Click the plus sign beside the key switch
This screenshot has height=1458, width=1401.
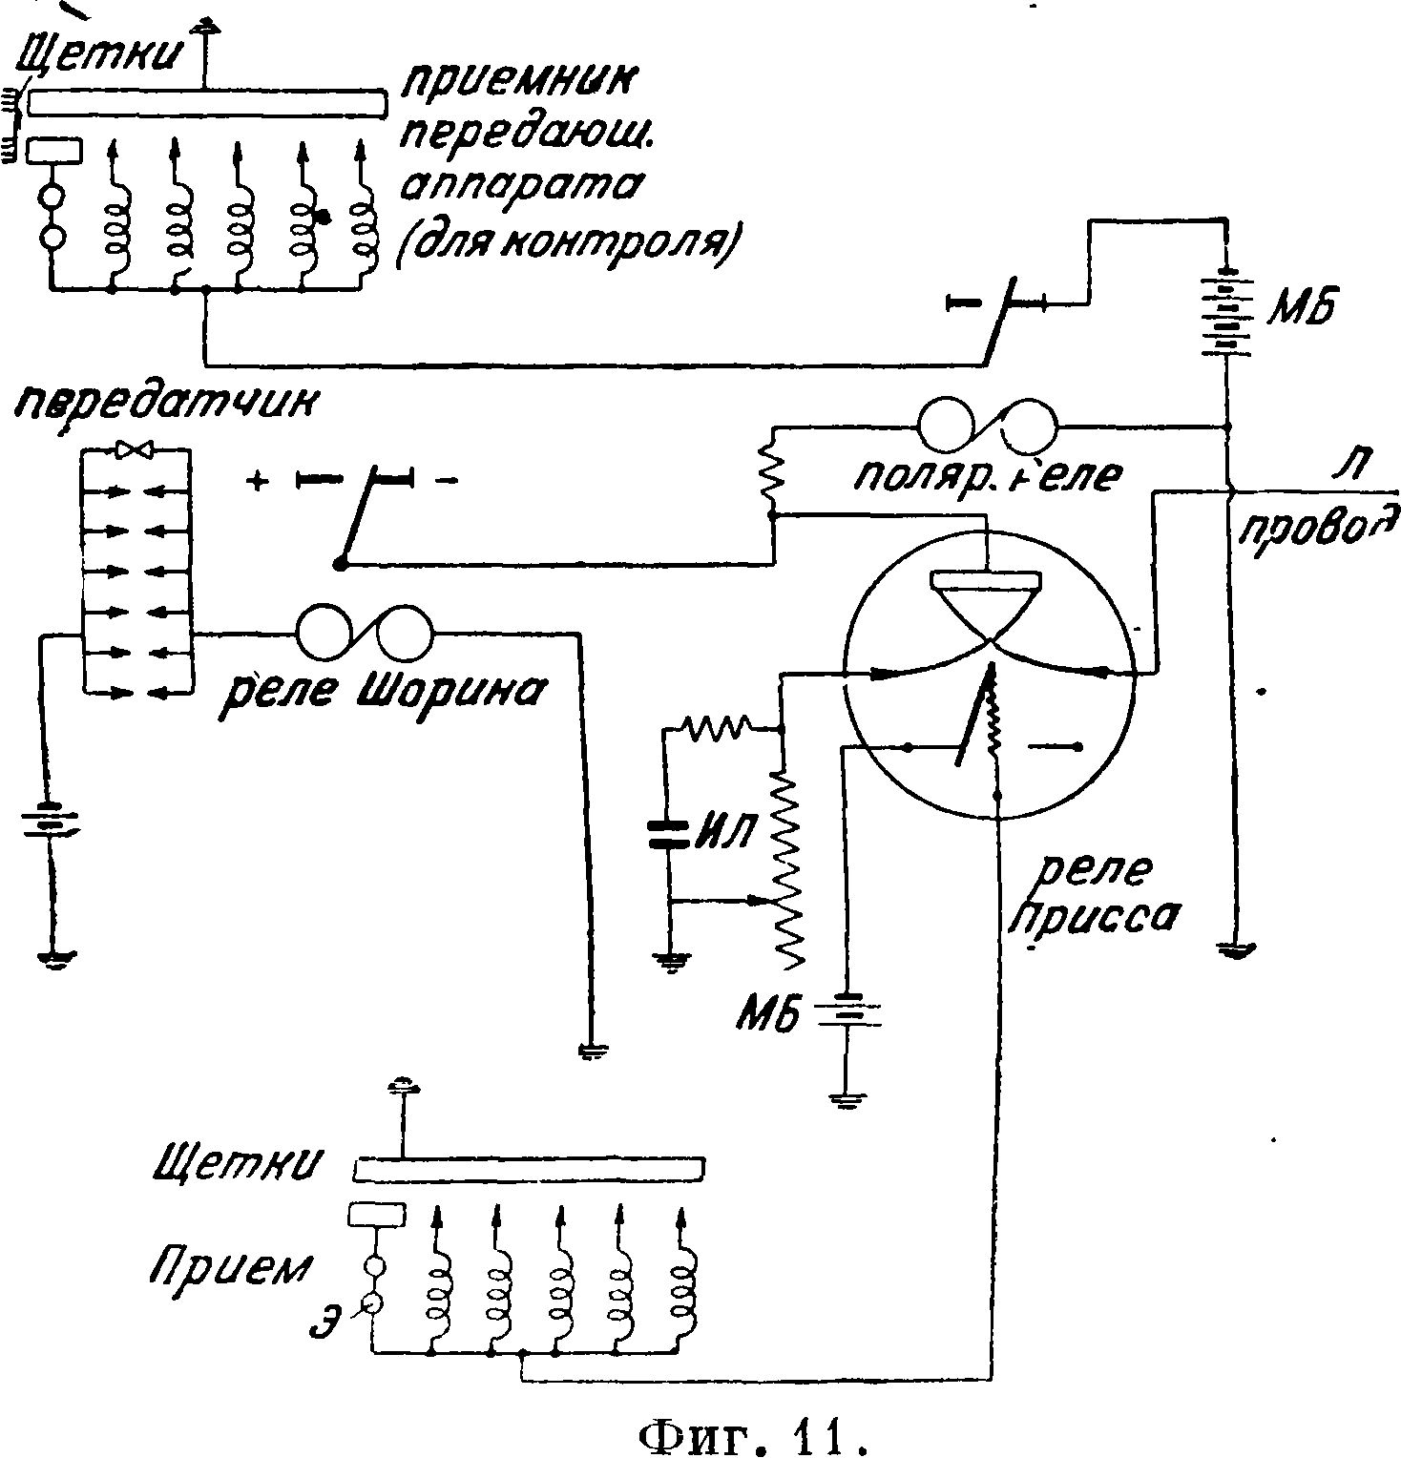tap(256, 481)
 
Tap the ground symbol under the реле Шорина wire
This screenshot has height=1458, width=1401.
tap(591, 1052)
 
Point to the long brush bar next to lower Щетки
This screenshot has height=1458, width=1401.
tap(531, 1168)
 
